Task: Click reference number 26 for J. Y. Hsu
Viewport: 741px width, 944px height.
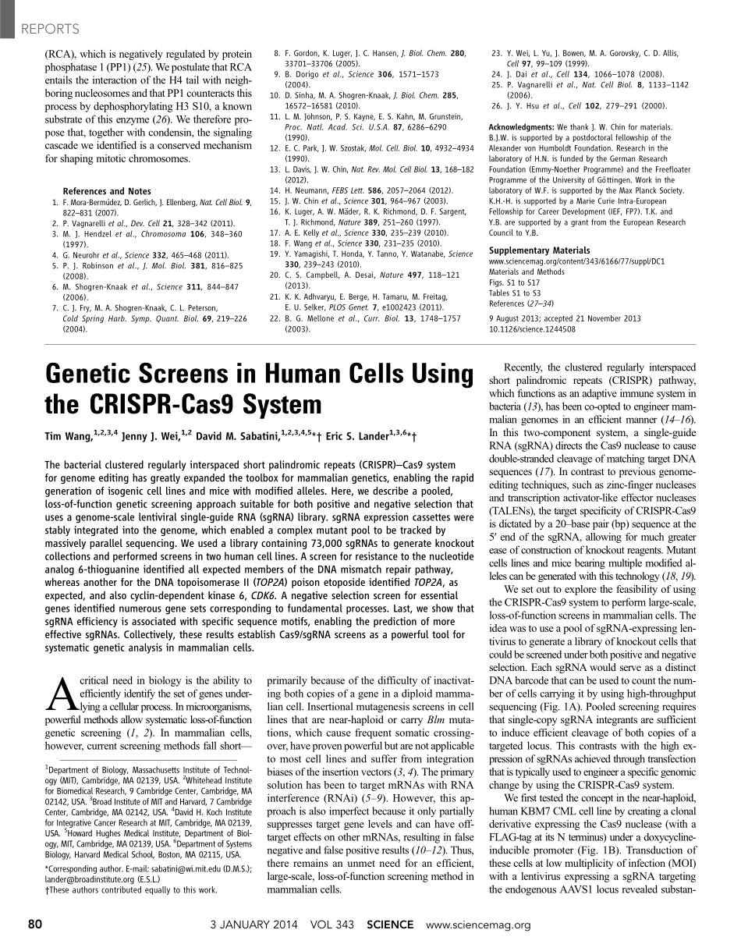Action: pos(496,105)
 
